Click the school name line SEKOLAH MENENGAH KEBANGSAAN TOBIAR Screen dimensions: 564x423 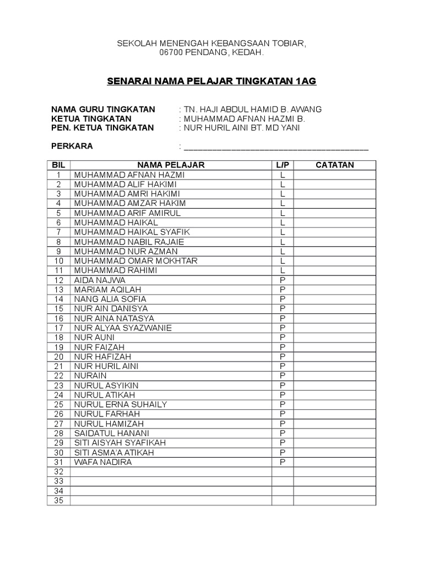(x=211, y=44)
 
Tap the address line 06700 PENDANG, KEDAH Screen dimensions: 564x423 (x=211, y=53)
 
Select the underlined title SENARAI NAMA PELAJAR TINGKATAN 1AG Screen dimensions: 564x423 (x=211, y=81)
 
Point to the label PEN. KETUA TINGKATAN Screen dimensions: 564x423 (x=102, y=128)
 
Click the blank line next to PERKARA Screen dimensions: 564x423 (x=276, y=147)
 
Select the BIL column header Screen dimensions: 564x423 (x=58, y=165)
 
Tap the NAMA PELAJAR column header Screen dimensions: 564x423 (x=171, y=165)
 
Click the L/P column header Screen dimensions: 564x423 (x=282, y=165)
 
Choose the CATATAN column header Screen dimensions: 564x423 (x=334, y=165)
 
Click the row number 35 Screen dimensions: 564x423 (x=59, y=500)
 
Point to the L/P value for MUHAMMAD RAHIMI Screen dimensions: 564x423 (x=282, y=270)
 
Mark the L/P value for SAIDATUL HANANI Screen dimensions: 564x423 (x=282, y=433)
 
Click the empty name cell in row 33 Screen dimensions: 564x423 (x=171, y=481)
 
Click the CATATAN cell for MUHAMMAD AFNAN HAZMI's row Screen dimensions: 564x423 (x=334, y=175)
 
